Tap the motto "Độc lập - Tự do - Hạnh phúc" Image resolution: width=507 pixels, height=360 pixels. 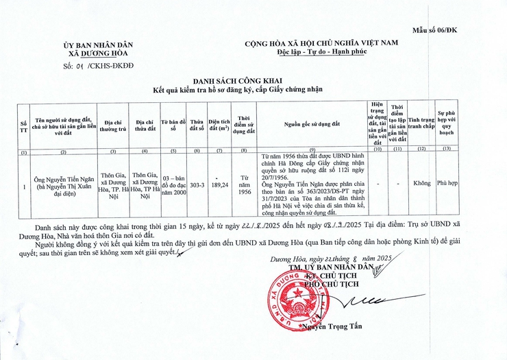click(321, 53)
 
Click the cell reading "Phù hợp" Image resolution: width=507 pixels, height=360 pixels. click(445, 184)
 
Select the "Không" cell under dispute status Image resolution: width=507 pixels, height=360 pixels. click(421, 184)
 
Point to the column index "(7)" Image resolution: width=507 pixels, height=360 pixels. click(219, 150)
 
